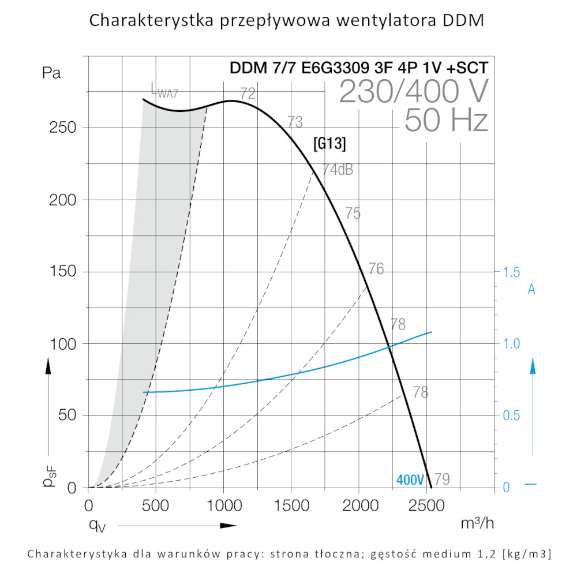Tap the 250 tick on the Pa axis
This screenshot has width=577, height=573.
[64, 128]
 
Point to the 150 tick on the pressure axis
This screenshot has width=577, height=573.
[64, 272]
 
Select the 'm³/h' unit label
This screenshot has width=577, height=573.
[477, 523]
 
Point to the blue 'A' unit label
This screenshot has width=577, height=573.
[531, 290]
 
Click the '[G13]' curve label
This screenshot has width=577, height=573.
[329, 144]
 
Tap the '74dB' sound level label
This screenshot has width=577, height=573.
[338, 170]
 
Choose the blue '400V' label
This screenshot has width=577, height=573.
[410, 480]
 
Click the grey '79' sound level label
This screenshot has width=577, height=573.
[442, 479]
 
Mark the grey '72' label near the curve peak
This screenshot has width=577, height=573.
[248, 93]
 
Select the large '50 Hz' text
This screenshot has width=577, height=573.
[446, 121]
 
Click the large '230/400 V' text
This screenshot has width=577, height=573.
[413, 91]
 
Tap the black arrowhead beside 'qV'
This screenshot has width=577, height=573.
[229, 526]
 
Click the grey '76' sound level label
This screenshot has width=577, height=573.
[376, 269]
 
